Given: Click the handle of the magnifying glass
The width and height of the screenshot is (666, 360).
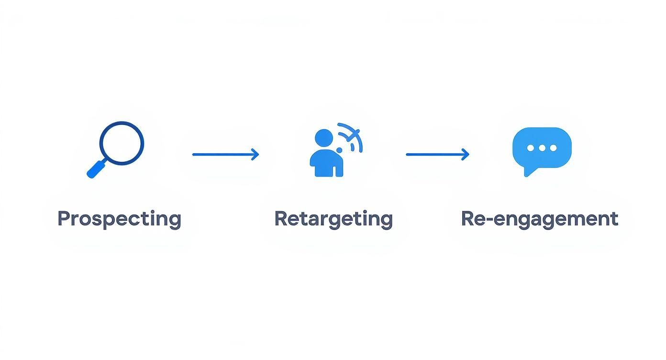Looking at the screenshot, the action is point(96,169).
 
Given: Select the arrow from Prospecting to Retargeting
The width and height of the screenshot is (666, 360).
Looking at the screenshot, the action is point(225,154).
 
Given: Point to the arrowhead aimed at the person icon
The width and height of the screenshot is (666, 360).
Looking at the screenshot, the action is point(255,154).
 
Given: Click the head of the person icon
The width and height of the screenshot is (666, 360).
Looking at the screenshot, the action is point(324,137).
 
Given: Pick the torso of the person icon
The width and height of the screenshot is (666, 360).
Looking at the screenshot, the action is point(326,164).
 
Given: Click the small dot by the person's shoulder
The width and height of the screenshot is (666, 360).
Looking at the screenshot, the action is point(339,150).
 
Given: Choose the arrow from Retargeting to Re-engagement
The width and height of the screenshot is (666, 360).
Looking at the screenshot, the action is point(437,154).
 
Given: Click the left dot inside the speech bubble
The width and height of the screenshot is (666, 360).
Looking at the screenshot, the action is point(531,148).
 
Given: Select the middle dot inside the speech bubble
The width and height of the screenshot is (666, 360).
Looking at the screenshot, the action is point(542,148).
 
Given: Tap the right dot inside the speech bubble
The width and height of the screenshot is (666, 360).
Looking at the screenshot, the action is point(554,148).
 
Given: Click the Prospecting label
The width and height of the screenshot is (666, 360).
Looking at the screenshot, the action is point(119,219).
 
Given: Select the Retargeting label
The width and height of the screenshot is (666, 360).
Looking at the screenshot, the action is point(333,219).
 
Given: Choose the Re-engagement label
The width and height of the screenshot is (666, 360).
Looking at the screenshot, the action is point(540,219).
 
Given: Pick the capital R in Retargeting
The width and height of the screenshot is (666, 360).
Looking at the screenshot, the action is point(281,218).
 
